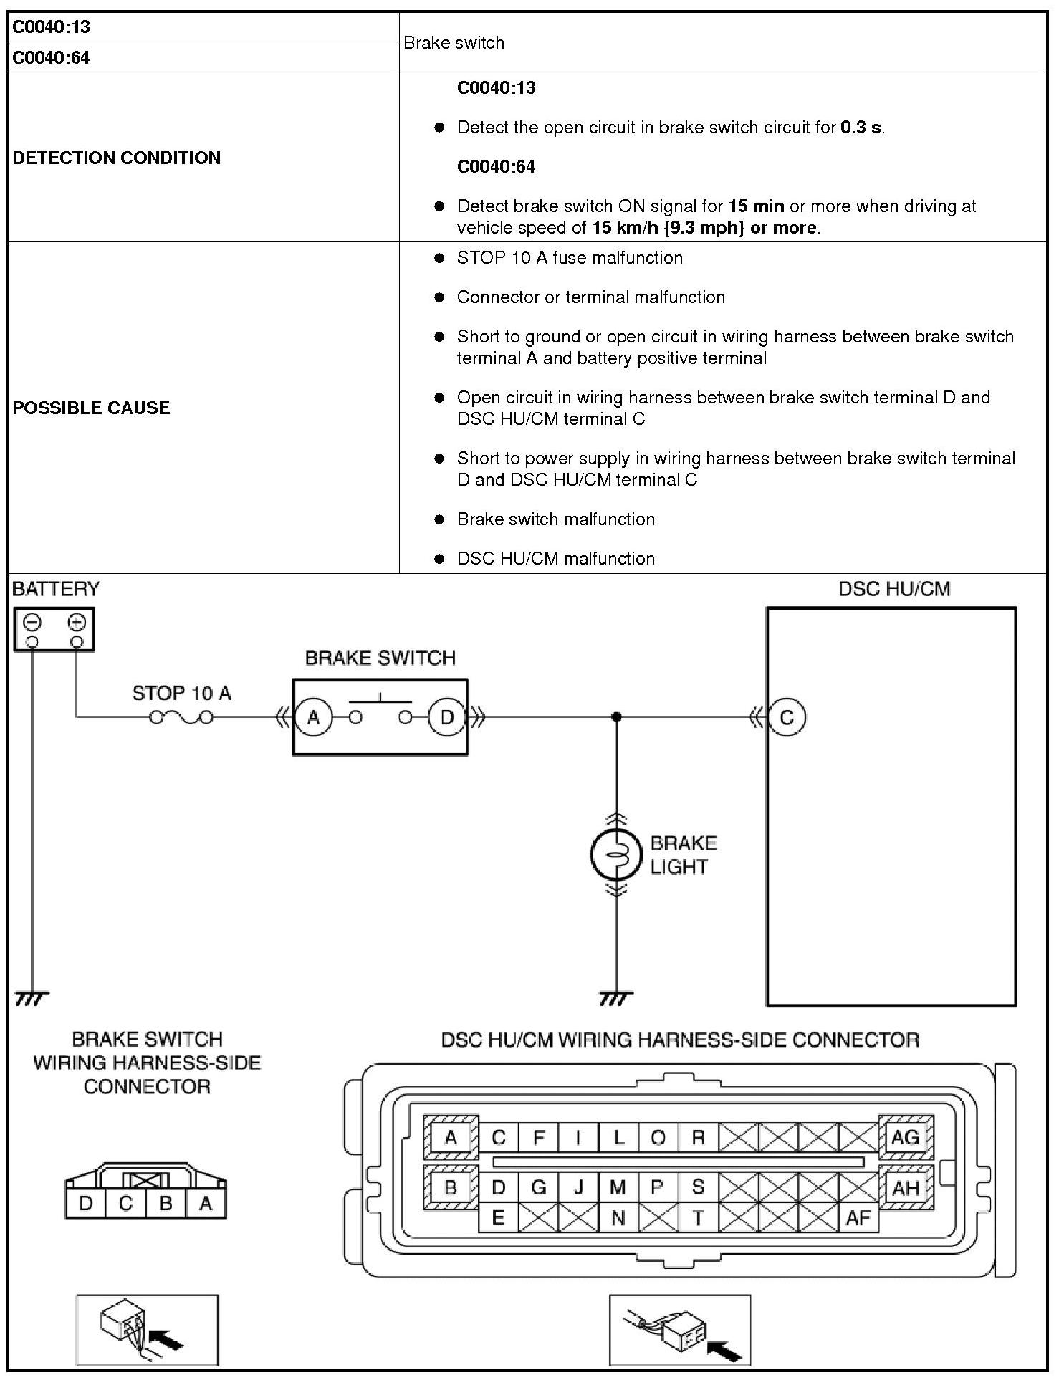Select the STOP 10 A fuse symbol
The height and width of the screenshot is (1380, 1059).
click(x=181, y=717)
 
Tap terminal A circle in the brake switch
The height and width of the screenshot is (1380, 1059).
click(x=313, y=717)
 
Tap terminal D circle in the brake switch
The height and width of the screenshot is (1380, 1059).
click(x=446, y=717)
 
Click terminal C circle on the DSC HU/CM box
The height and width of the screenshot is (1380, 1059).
click(x=787, y=717)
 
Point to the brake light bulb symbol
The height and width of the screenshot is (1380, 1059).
click(x=615, y=854)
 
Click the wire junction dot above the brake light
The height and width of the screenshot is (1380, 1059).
click(x=616, y=717)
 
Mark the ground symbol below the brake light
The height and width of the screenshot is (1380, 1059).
click(x=615, y=997)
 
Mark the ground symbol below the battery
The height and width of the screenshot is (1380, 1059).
click(x=32, y=997)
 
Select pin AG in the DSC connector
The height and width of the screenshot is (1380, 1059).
click(x=905, y=1137)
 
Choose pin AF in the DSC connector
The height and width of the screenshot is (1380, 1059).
click(x=858, y=1217)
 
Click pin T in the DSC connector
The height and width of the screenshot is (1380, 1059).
click(x=698, y=1217)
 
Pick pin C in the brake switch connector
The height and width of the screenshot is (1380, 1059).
click(x=125, y=1203)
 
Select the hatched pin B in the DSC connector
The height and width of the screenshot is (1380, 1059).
click(x=451, y=1187)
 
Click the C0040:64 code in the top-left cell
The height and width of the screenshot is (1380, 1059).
click(x=52, y=57)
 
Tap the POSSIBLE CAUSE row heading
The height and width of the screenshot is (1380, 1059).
click(x=92, y=408)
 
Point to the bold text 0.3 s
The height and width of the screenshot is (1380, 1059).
click(x=861, y=128)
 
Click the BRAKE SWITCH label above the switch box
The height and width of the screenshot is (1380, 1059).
click(x=380, y=658)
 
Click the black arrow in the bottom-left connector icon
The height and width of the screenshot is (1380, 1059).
click(x=169, y=1338)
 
